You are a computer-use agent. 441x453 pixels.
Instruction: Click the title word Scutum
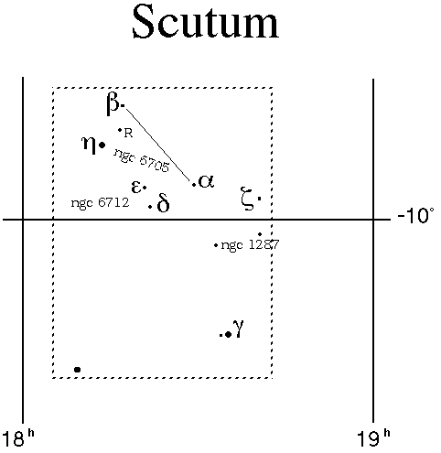206,22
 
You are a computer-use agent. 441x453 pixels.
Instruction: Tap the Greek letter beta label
113,104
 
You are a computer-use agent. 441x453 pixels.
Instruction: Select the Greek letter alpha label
206,181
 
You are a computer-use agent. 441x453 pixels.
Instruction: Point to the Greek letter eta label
89,145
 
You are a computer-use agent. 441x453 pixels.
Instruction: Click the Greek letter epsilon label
136,187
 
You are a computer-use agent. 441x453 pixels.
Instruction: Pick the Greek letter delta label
163,202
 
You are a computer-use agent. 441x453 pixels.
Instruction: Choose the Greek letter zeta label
248,199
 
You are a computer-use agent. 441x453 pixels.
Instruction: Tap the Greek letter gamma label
238,328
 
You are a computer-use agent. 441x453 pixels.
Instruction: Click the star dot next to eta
102,146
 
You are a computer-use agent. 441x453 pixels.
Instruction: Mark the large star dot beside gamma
228,335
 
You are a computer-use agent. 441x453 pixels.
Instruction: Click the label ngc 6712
100,202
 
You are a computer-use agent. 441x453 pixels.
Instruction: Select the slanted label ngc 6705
142,160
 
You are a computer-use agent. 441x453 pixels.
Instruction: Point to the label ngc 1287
250,244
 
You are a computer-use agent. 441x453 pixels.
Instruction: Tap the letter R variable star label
128,134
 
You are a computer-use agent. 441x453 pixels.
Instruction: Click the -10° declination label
415,216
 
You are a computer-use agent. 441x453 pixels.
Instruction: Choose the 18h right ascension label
17,438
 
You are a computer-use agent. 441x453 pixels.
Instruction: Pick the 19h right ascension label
373,438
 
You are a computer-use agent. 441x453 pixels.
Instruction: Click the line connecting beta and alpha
158,145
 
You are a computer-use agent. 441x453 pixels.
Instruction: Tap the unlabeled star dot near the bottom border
78,370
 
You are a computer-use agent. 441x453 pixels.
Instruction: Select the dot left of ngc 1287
216,245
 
